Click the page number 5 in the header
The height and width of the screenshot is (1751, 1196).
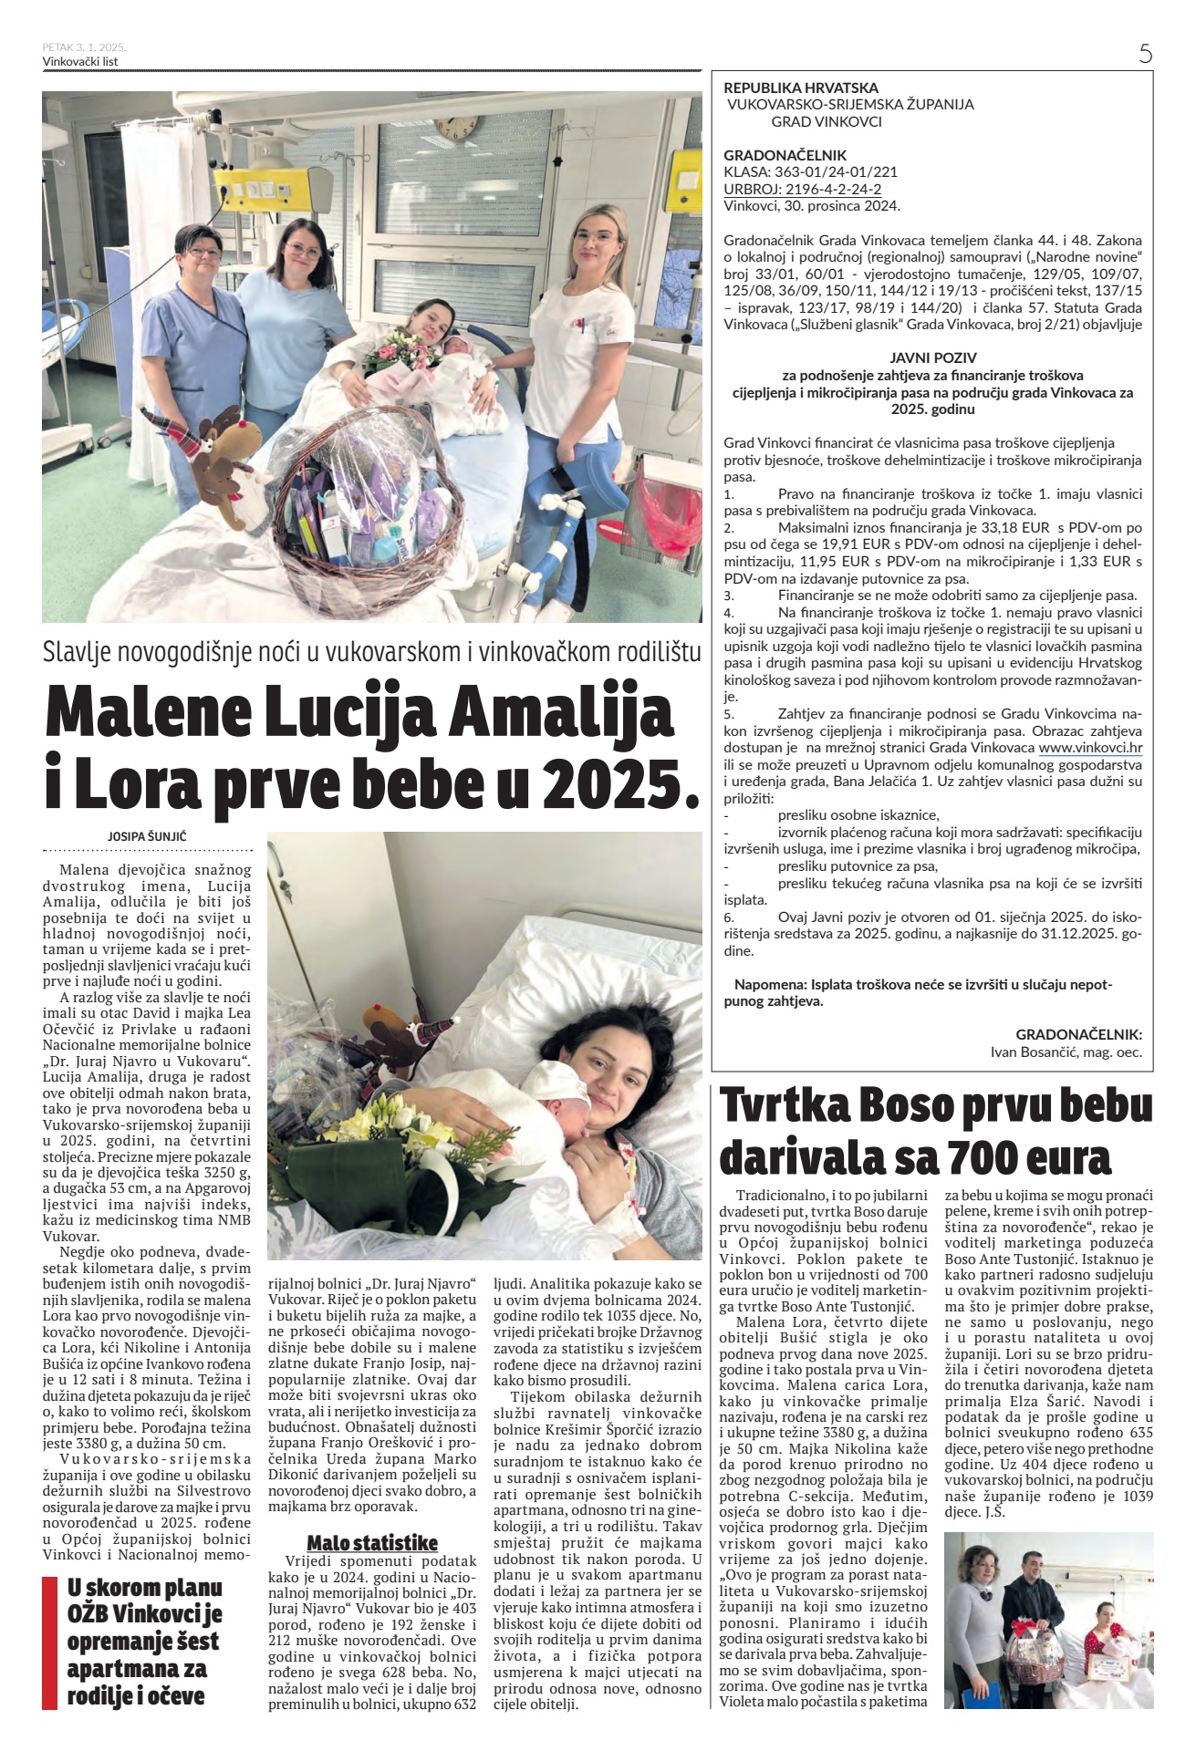[1146, 53]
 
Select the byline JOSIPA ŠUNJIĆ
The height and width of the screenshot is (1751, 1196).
[147, 834]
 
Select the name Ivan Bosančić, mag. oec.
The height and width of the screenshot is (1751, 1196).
[1066, 1052]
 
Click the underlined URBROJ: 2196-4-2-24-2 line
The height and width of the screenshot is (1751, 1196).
[802, 189]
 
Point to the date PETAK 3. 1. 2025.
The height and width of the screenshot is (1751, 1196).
[84, 47]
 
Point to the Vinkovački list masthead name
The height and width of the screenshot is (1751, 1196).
[80, 61]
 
